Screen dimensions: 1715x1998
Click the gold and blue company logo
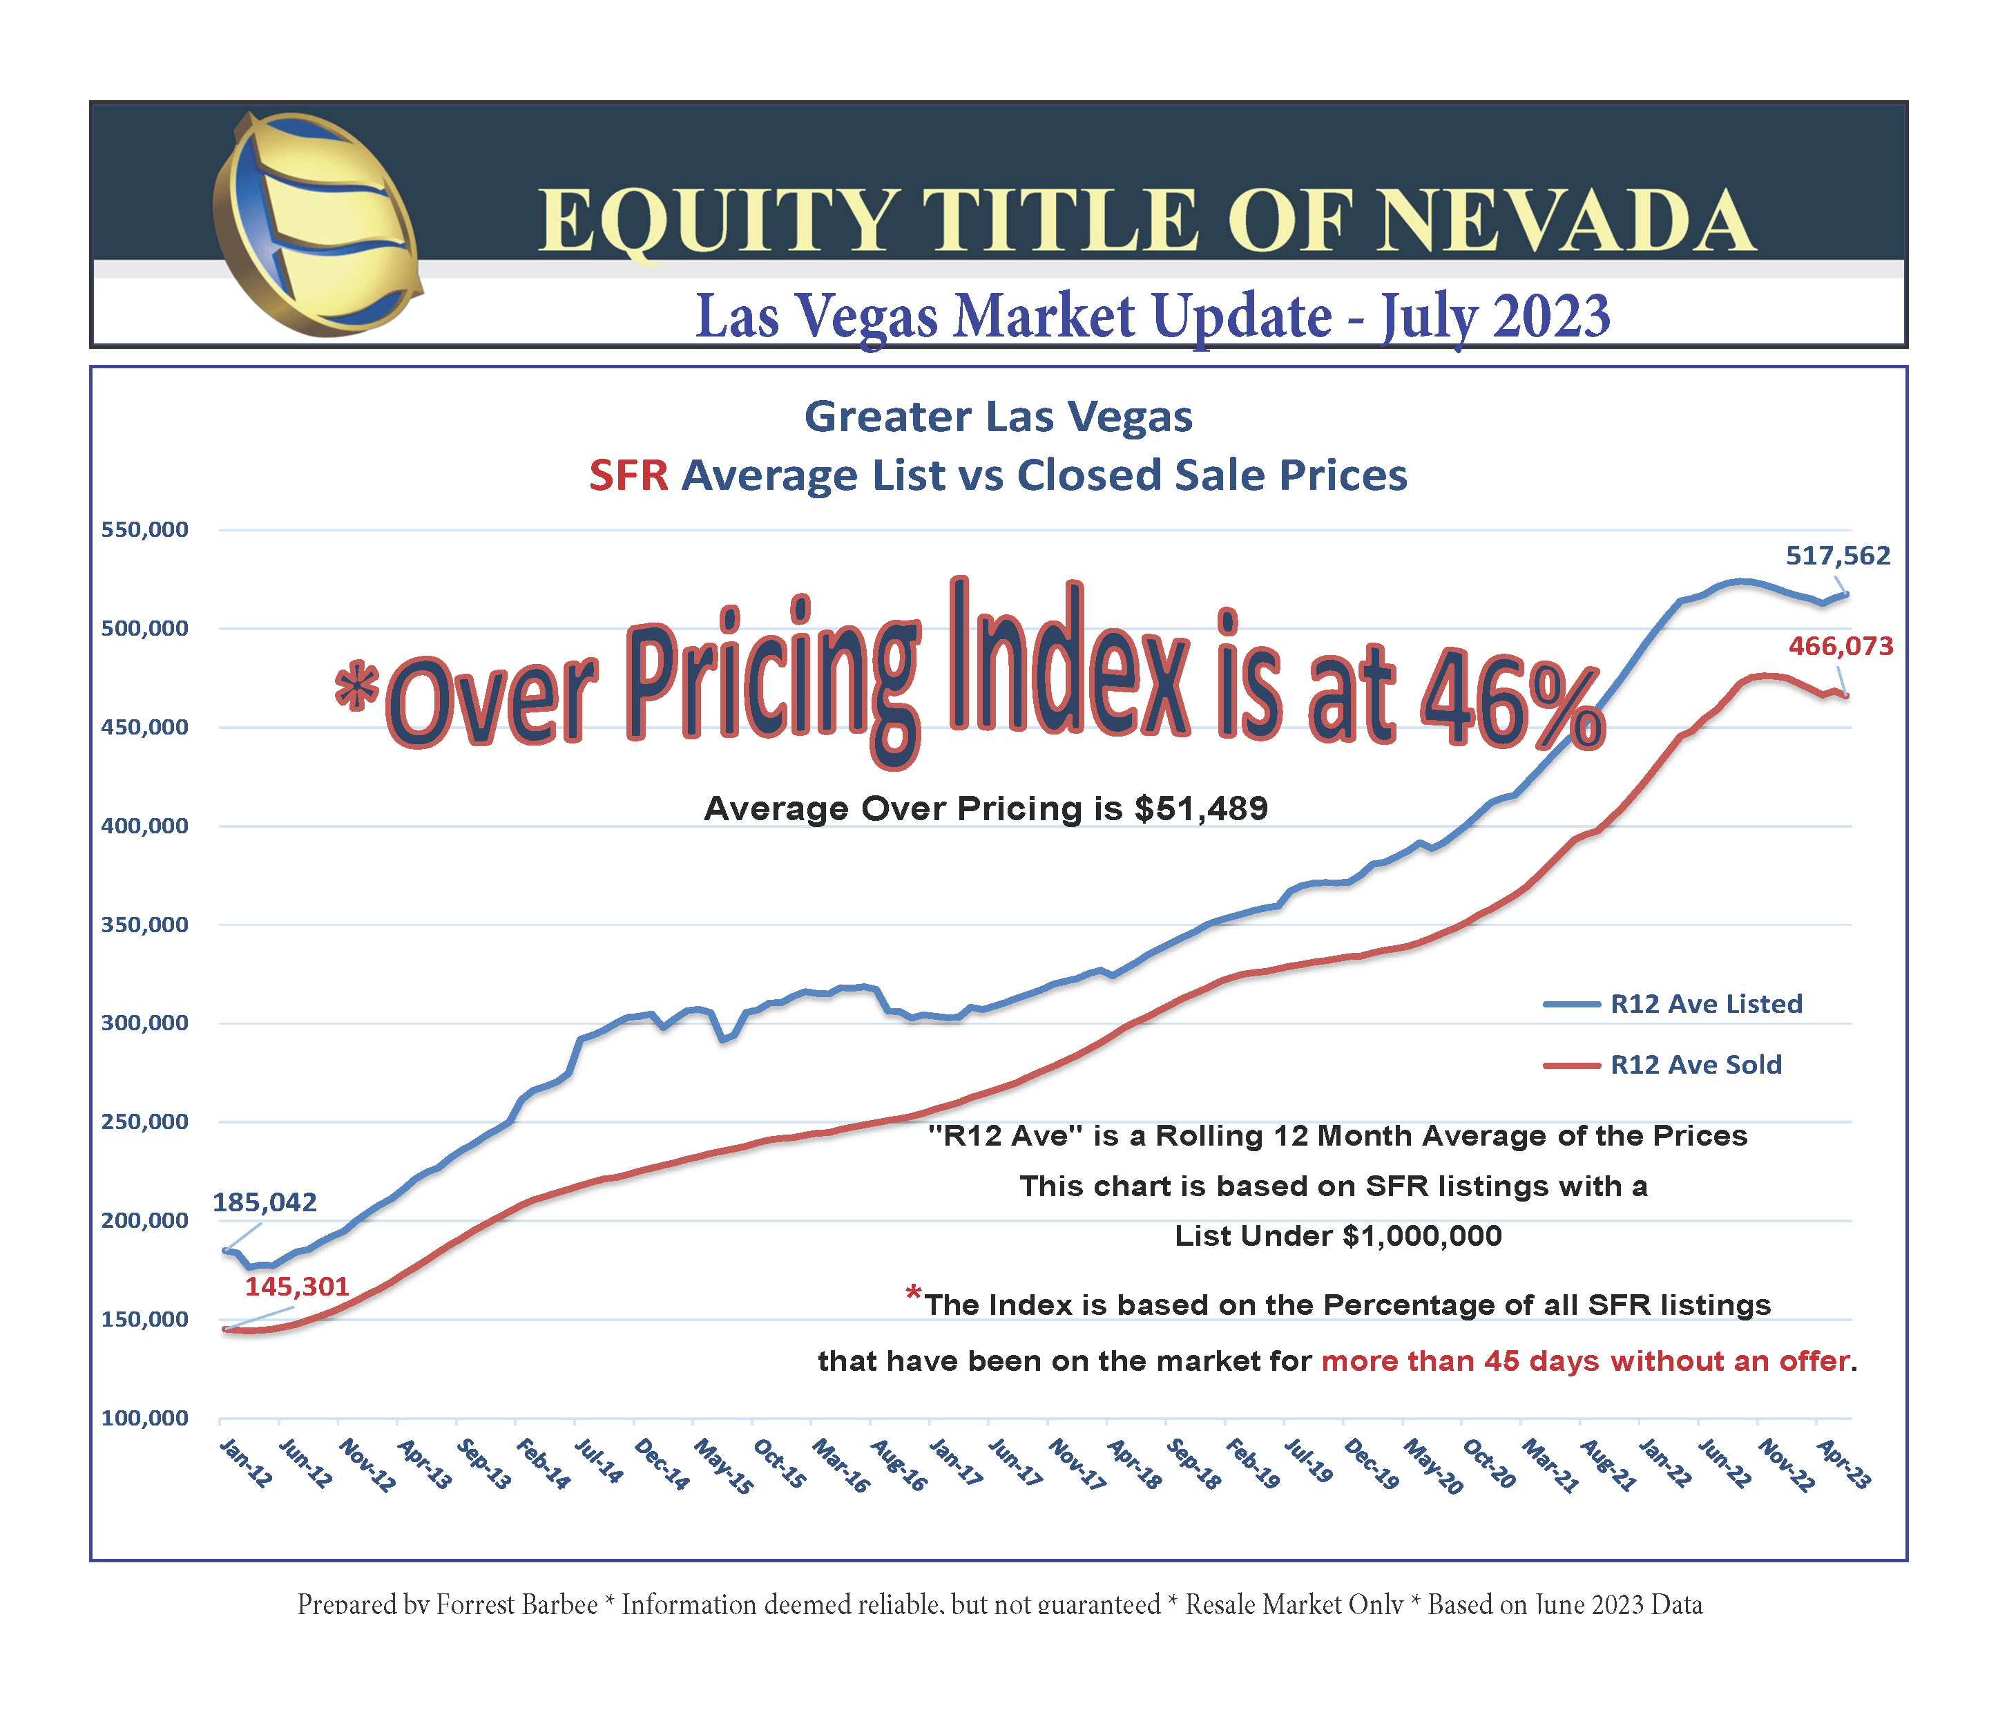tap(316, 224)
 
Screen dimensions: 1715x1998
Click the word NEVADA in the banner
tap(1564, 222)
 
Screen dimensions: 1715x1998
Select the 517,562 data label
tap(1838, 556)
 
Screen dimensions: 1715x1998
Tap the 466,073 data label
tap(1841, 646)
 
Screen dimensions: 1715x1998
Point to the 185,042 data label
tap(265, 1202)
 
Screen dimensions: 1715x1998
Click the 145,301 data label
tap(296, 1286)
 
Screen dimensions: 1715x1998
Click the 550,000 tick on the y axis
tap(144, 529)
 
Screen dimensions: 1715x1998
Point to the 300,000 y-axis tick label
tap(144, 1023)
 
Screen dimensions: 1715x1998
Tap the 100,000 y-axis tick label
tap(144, 1418)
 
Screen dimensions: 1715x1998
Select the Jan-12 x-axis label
tap(245, 1463)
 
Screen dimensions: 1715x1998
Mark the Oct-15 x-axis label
tap(779, 1464)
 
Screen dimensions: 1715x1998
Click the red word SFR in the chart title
tap(628, 475)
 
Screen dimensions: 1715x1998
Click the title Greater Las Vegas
tap(998, 417)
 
